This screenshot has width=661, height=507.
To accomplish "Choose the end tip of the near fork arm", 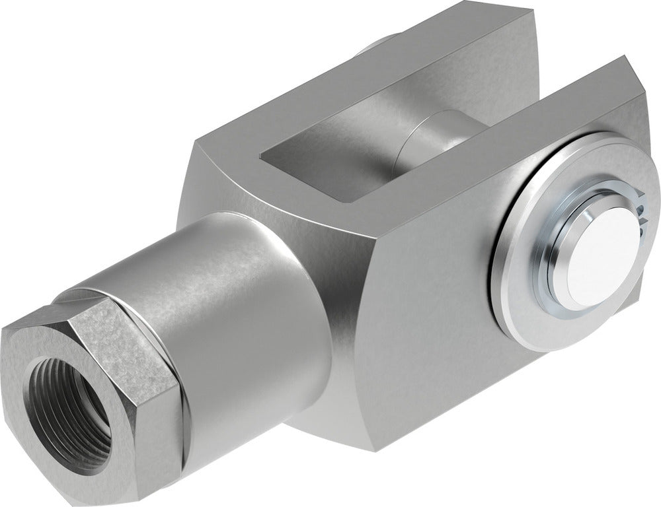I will (635, 79).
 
